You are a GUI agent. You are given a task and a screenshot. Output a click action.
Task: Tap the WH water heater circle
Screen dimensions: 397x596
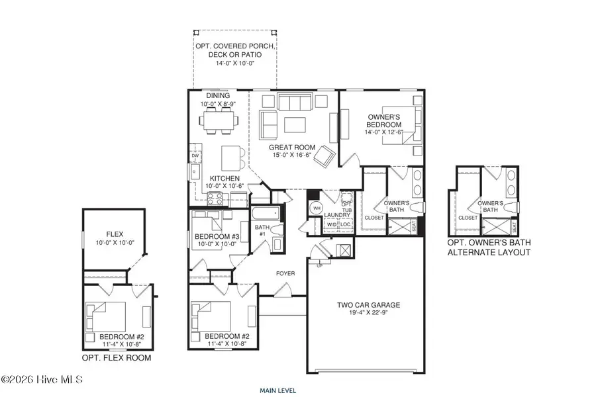[x=317, y=208]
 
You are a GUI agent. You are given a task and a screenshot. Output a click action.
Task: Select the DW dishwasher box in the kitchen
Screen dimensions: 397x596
[x=195, y=156]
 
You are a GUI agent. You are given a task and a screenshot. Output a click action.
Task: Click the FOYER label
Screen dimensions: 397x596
[x=285, y=273]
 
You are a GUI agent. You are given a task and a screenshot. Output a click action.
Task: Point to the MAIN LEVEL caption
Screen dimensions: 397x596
[x=277, y=390]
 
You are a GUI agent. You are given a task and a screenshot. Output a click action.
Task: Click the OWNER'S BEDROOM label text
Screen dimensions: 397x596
[x=385, y=121]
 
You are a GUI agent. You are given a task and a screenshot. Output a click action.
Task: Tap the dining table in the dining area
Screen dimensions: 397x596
[x=219, y=121]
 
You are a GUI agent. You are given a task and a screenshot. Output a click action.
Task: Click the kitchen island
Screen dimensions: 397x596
[x=230, y=157]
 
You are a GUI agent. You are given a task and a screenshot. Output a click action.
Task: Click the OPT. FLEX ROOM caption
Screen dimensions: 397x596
[x=117, y=358]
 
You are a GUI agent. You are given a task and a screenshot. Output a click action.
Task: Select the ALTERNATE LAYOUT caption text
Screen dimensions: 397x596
[x=489, y=253]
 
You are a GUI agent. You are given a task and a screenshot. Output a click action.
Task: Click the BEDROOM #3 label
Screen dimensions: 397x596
[x=217, y=236]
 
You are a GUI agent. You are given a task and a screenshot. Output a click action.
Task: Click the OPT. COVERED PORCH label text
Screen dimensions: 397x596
[x=234, y=46]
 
